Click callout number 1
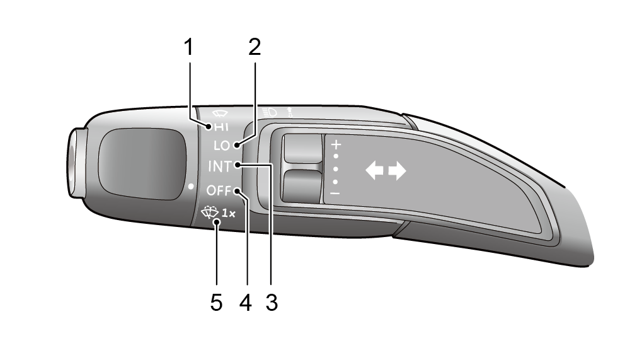click(x=188, y=47)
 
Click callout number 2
click(x=255, y=47)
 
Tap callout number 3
click(x=272, y=303)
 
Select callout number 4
click(x=246, y=303)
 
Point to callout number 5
click(x=216, y=303)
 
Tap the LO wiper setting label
click(x=222, y=146)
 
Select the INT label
click(x=220, y=166)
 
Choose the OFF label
click(x=219, y=190)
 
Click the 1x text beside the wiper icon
click(x=228, y=214)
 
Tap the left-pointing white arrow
click(x=374, y=171)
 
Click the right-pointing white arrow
click(x=397, y=171)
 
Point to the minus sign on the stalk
click(x=335, y=193)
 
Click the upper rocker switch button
click(x=303, y=148)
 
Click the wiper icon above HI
click(x=220, y=114)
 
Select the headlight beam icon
click(x=270, y=112)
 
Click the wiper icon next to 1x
click(x=210, y=212)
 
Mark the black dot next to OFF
click(x=237, y=192)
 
